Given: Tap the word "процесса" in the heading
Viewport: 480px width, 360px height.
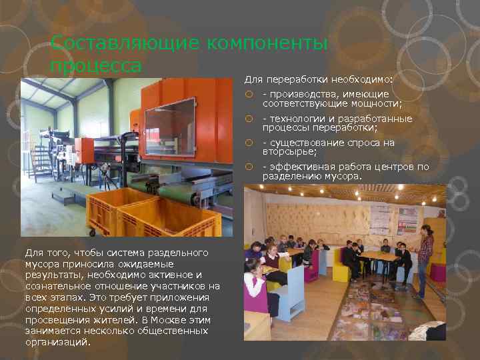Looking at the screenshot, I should [96, 65].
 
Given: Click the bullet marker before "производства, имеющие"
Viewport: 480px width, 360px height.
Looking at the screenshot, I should [248, 95].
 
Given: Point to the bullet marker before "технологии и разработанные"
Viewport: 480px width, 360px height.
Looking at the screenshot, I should [248, 119].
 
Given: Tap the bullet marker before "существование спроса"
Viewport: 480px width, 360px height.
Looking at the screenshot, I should [248, 143].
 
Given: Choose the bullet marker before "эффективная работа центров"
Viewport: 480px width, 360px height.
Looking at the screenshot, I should [248, 167].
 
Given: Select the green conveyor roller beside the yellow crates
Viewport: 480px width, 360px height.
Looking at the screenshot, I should [176, 193].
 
